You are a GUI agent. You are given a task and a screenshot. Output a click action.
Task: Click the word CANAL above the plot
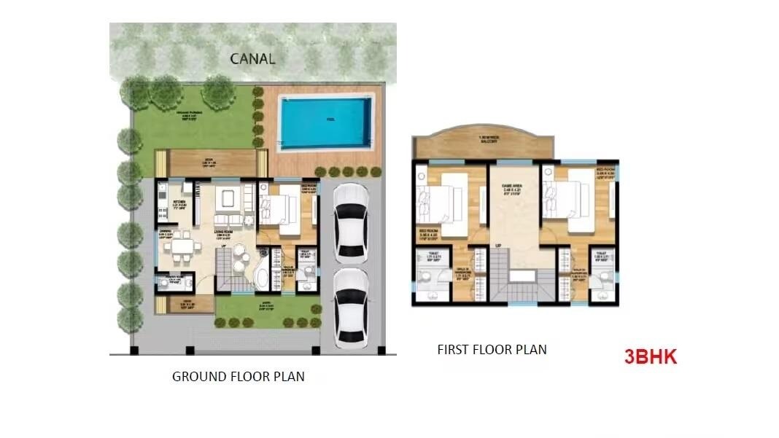tap(252, 58)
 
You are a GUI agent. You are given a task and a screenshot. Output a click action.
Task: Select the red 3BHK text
tap(651, 357)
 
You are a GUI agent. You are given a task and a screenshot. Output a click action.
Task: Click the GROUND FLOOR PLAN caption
tap(238, 377)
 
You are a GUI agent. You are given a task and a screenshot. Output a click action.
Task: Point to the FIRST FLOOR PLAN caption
tap(492, 350)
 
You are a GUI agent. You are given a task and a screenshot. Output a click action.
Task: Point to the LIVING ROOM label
tap(227, 233)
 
